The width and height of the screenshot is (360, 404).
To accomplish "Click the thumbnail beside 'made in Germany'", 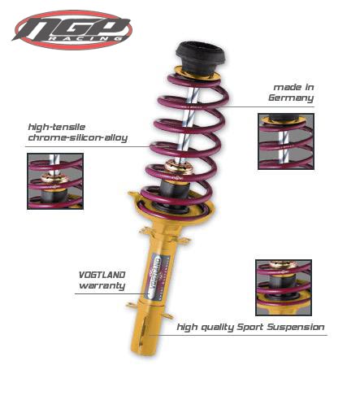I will coord(285,141).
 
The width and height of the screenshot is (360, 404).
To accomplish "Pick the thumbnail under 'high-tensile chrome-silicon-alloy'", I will coord(55,181).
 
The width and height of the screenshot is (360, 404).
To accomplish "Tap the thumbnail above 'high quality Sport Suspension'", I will coord(282,287).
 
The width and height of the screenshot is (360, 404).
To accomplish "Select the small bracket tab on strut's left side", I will coord(132,305).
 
